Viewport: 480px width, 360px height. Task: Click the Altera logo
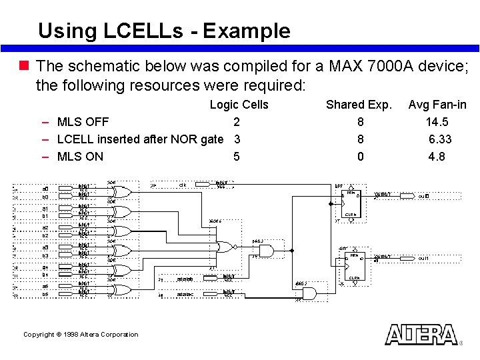point(421,334)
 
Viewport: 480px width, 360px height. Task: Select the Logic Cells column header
point(239,105)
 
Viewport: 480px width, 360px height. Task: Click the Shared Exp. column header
point(359,105)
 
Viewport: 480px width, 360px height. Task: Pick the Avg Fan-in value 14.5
point(437,122)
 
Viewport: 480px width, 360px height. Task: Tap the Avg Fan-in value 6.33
point(440,139)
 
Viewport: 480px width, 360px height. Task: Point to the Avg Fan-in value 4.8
point(437,157)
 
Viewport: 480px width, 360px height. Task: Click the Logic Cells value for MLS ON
point(236,157)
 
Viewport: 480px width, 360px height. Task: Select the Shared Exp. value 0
point(361,157)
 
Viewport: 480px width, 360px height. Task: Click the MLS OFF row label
point(83,122)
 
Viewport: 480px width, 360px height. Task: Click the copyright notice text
point(81,334)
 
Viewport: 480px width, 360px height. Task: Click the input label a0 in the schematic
point(45,189)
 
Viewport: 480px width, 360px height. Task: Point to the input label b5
point(45,294)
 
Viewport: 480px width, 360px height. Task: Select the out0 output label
point(423,197)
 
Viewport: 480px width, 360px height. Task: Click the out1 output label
point(423,259)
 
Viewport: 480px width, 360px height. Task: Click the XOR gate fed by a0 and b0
point(122,192)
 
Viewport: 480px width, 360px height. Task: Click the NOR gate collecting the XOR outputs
point(226,247)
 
